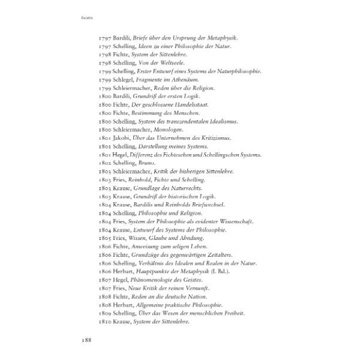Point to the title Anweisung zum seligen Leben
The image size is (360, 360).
[x=173, y=246]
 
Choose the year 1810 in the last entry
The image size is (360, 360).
[x=104, y=322]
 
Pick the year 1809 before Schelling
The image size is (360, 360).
[x=104, y=313]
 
